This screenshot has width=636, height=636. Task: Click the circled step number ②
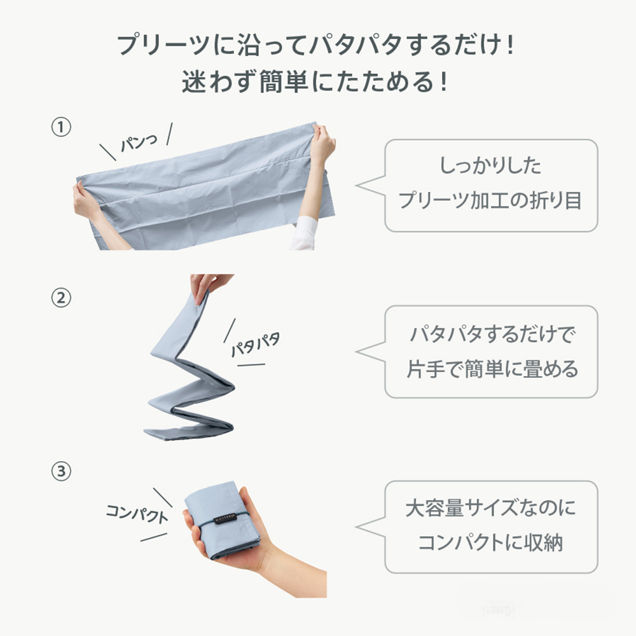60,298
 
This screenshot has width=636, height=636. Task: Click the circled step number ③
60,472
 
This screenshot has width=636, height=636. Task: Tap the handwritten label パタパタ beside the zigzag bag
254,343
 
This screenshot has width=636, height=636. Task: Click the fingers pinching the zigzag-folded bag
205,286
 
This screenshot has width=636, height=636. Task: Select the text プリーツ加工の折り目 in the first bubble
490,201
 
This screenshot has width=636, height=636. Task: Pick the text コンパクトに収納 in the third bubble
490,543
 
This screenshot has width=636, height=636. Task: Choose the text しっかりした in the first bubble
490,166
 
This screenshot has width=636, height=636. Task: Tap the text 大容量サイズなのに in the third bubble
490,509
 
